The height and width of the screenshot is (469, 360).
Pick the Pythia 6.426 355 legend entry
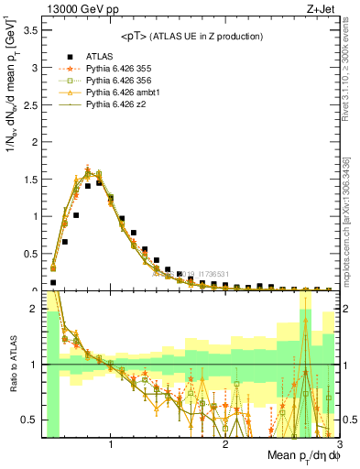click(x=125, y=69)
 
